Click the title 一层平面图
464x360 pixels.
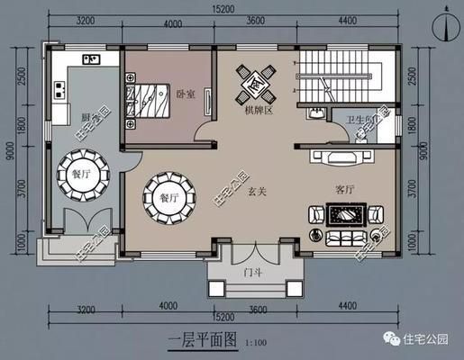202,340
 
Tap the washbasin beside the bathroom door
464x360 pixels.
315,114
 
